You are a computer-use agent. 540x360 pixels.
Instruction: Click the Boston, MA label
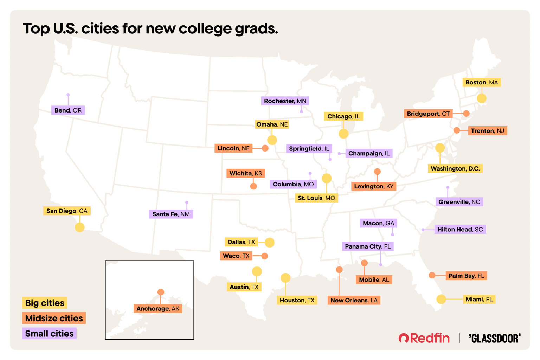[x=481, y=82]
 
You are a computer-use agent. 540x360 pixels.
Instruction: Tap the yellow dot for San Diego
[x=80, y=227]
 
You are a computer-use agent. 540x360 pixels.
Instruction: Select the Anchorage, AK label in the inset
[x=158, y=309]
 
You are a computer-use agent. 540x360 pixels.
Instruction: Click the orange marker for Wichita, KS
[x=253, y=186]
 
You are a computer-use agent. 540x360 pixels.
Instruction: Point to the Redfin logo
[x=424, y=338]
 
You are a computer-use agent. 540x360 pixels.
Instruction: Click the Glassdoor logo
[x=495, y=338]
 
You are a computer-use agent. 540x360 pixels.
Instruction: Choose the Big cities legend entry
[x=45, y=303]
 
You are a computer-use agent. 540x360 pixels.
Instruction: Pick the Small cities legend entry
[x=49, y=333]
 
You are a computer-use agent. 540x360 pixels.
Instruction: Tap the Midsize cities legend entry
[x=54, y=318]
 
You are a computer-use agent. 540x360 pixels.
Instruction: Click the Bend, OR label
[x=68, y=110]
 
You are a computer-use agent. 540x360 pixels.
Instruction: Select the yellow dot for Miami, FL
[x=441, y=299]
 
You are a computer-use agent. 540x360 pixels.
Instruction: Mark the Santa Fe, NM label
[x=171, y=214]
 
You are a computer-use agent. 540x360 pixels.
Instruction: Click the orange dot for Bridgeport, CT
[x=466, y=113]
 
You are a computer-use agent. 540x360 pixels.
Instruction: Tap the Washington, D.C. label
[x=455, y=168]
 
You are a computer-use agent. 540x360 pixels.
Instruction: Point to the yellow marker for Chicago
[x=343, y=134]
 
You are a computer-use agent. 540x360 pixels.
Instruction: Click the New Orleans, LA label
[x=354, y=300]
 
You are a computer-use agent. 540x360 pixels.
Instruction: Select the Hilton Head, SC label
[x=460, y=230]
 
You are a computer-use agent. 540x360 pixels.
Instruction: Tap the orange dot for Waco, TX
[x=264, y=256]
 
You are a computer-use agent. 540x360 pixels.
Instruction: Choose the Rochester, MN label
[x=285, y=101]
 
